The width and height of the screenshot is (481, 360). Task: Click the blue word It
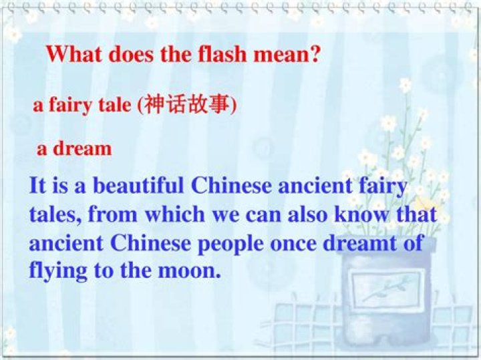(37, 185)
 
